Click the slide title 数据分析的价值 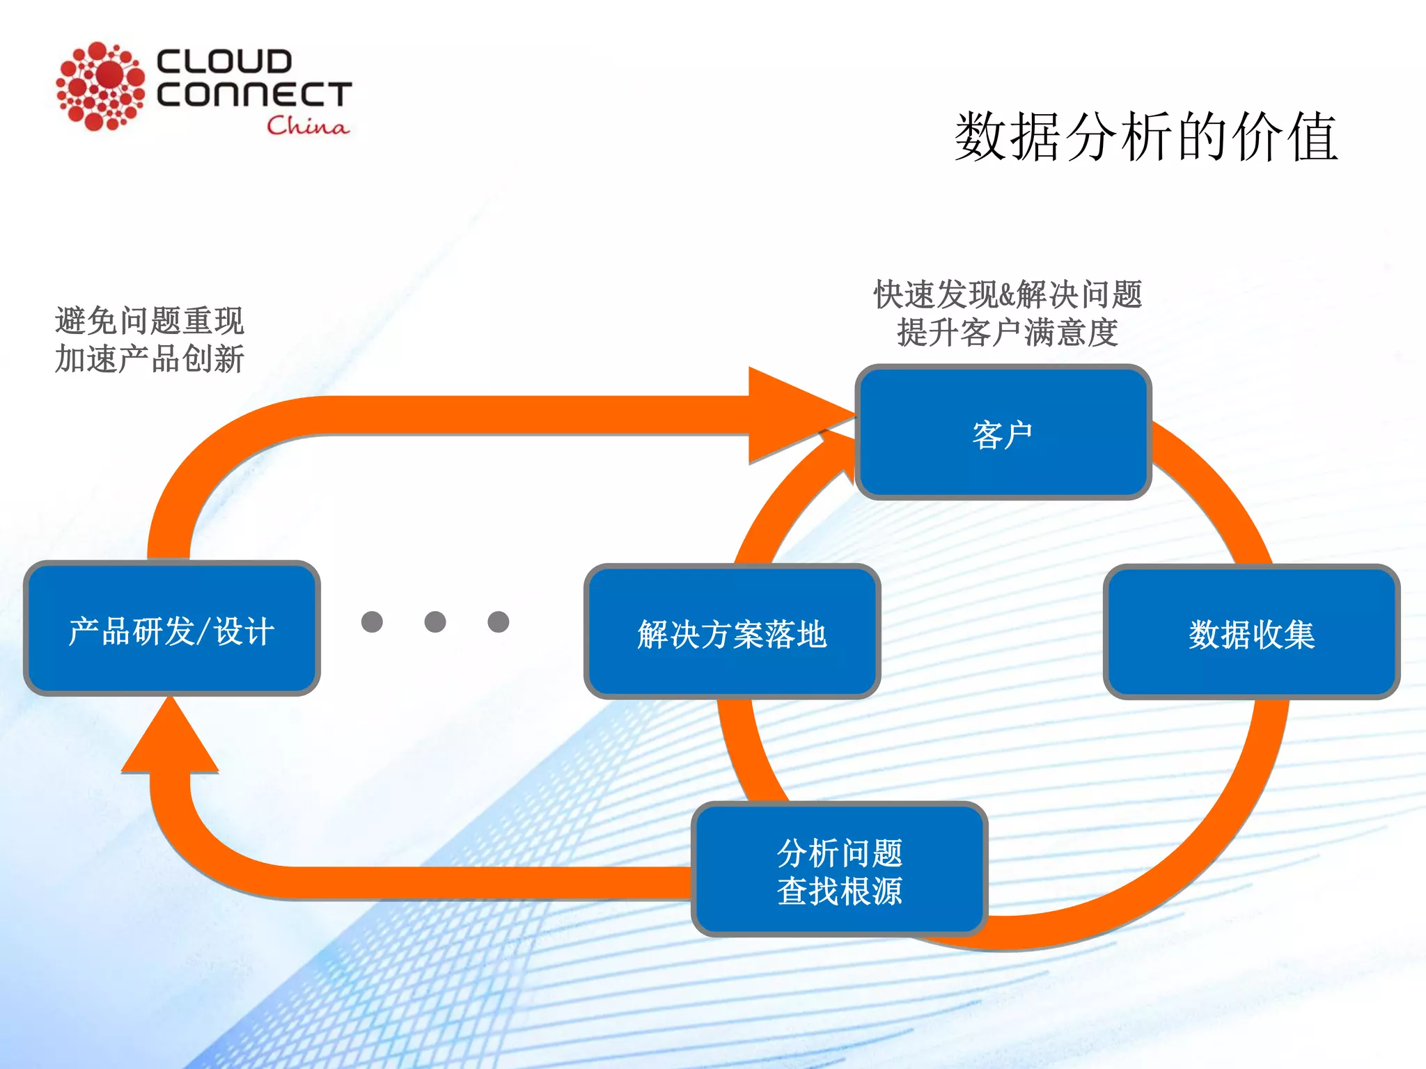pos(1145,137)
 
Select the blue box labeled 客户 pos(1003,432)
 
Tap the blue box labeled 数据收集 pos(1251,632)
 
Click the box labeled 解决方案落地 pos(732,632)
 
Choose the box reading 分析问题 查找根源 pos(839,870)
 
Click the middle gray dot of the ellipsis pos(435,621)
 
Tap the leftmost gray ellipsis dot pos(372,621)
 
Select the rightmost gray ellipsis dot pos(499,621)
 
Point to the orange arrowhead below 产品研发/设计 pos(170,742)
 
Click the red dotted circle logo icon pos(100,86)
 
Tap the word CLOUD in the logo pos(224,61)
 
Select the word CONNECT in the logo pos(254,95)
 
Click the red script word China pos(307,126)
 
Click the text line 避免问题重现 pos(149,321)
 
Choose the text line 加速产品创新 pos(149,359)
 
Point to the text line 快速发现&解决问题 pos(1008,294)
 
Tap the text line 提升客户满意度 pos(1008,333)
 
